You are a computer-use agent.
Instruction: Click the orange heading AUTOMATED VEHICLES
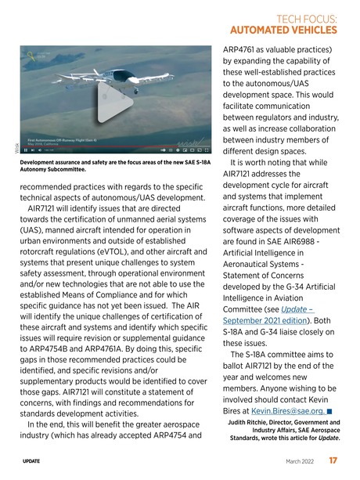pos(285,31)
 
